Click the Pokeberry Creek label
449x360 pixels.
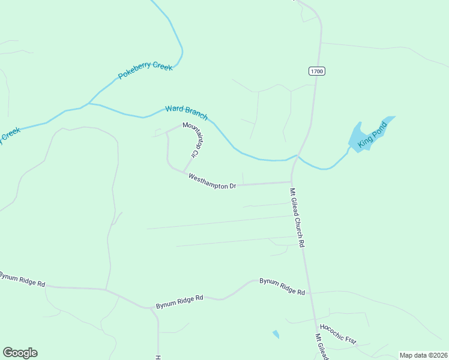tap(145, 71)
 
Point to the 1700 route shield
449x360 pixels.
tap(317, 71)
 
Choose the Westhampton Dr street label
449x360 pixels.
tap(212, 182)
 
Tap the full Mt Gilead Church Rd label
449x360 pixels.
tap(298, 218)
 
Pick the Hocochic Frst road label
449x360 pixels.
tap(338, 334)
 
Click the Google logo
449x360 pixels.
tap(20, 353)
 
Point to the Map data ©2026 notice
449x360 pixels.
tap(423, 355)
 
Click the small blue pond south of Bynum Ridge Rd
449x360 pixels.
tap(276, 334)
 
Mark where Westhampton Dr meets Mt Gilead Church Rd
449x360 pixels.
tap(292, 182)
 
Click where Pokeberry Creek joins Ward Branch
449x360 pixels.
tap(89, 103)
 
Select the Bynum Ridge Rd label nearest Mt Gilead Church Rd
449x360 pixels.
tap(282, 286)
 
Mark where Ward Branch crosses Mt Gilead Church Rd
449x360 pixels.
tap(298, 155)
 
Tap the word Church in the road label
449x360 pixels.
tap(299, 223)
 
